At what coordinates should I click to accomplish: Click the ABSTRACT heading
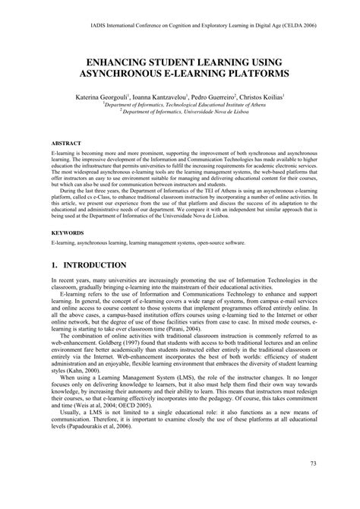tap(67, 143)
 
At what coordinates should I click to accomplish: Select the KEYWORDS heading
tap(68, 232)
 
